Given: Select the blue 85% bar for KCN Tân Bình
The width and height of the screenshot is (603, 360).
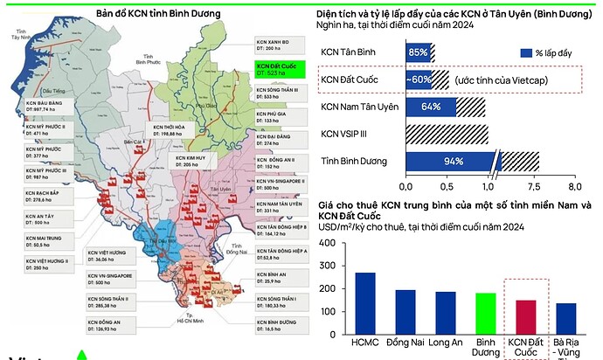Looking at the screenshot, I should coord(418,53).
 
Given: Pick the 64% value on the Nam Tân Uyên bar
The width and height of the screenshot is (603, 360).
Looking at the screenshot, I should coord(430,107).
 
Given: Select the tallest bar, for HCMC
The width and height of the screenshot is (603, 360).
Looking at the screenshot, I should coord(365,300).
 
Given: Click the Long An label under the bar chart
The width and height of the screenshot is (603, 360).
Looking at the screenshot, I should coord(445,343).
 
